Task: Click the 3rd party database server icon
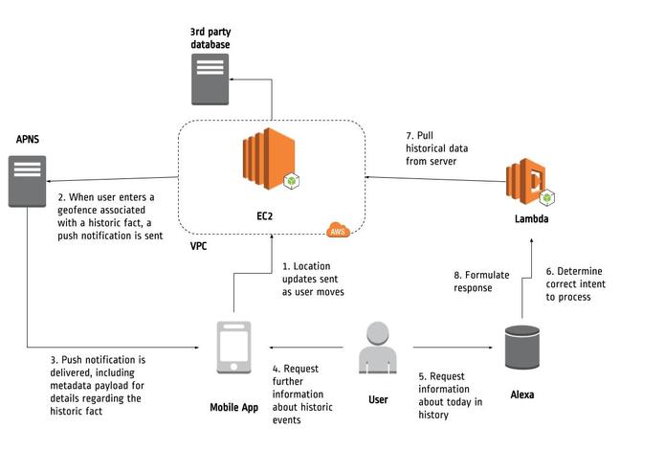pyautogui.click(x=210, y=79)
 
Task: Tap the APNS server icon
pyautogui.click(x=27, y=181)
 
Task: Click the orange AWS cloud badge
pyautogui.click(x=338, y=230)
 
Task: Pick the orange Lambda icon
pyautogui.click(x=529, y=182)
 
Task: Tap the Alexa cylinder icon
pyautogui.click(x=522, y=348)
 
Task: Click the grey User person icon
pyautogui.click(x=378, y=348)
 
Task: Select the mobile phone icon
pyautogui.click(x=233, y=348)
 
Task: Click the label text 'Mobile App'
pyautogui.click(x=234, y=408)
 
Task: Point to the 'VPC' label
pyautogui.click(x=198, y=246)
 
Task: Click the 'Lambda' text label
pyautogui.click(x=531, y=219)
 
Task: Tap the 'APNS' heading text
pyautogui.click(x=28, y=139)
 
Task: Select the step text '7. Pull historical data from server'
pyautogui.click(x=437, y=148)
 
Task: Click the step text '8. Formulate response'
pyautogui.click(x=481, y=282)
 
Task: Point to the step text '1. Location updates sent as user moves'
pyautogui.click(x=313, y=280)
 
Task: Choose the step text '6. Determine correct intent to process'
pyautogui.click(x=575, y=284)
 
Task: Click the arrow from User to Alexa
pyautogui.click(x=453, y=348)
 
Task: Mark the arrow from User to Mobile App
pyautogui.click(x=306, y=348)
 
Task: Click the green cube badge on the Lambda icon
pyautogui.click(x=547, y=197)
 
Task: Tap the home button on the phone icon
pyautogui.click(x=233, y=367)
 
